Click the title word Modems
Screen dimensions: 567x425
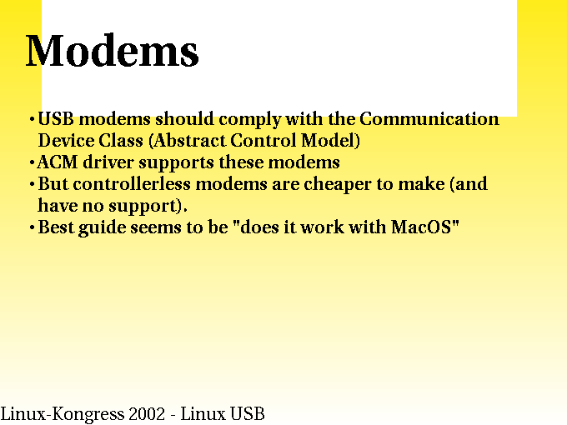(112, 50)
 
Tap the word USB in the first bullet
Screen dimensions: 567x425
(56, 119)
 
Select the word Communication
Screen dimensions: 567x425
(429, 119)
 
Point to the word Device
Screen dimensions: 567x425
(66, 141)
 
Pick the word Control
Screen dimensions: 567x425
(263, 141)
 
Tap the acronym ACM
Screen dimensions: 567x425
(58, 162)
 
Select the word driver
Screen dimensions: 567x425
(108, 162)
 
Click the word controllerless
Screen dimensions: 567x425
(132, 184)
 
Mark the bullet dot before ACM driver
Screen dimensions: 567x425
(32, 163)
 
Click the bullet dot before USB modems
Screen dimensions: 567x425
(32, 119)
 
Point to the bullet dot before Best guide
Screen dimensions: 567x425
(32, 228)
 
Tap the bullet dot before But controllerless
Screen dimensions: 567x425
(32, 185)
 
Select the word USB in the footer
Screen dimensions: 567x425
(248, 414)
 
